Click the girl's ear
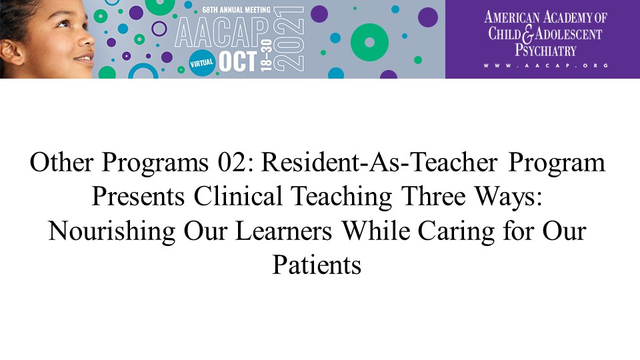11,52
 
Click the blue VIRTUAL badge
201,63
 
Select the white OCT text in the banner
237,61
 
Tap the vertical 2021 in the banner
289,39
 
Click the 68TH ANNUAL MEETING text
236,9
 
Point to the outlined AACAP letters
222,33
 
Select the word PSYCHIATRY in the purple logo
545,50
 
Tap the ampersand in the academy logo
527,34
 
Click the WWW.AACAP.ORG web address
546,65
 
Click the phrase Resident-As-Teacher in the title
379,163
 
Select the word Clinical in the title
238,196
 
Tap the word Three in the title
433,196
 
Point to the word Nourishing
112,231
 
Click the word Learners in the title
284,231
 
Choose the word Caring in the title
456,231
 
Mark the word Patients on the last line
317,265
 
